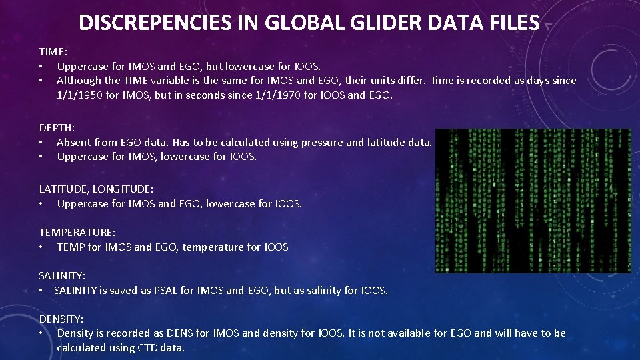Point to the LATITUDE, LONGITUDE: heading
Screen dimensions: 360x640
tap(95, 189)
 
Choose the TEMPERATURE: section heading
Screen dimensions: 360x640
tap(77, 232)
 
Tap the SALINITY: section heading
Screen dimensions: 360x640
tap(62, 275)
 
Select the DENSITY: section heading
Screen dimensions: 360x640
tap(61, 319)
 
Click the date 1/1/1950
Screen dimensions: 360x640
tap(79, 95)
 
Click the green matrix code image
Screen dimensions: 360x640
tap(533, 201)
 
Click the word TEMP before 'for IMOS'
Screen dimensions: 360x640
tap(71, 247)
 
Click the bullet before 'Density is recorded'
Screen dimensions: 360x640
tap(42, 333)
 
